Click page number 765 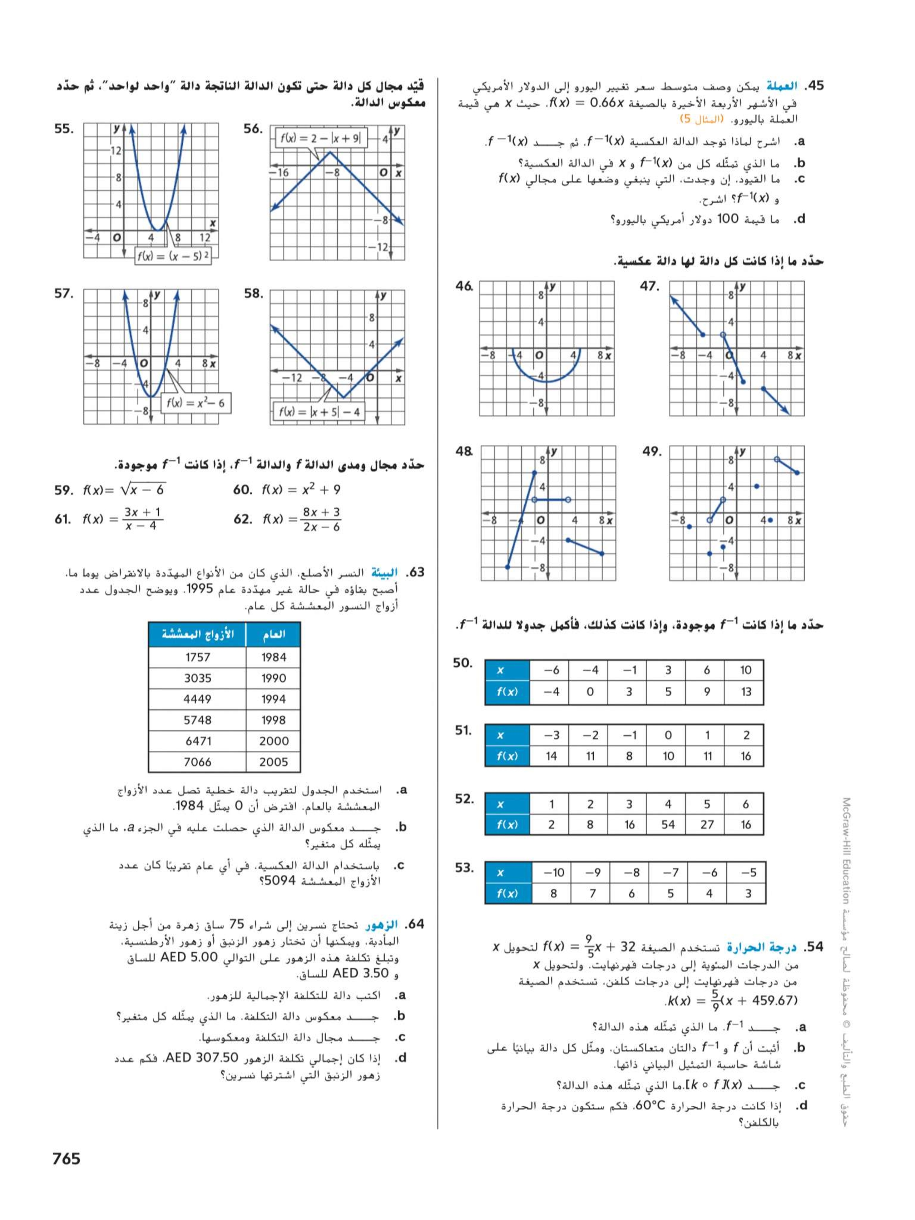[x=66, y=1158]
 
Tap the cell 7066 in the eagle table [x=197, y=762]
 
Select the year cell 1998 [x=273, y=720]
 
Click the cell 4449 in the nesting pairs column [x=197, y=699]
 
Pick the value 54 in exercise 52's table [x=668, y=825]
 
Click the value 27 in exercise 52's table [x=707, y=825]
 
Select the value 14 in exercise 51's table [x=551, y=756]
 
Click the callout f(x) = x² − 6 [x=196, y=403]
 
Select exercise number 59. [x=63, y=490]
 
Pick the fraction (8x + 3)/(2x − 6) [x=322, y=519]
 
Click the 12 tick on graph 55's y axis [x=116, y=150]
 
